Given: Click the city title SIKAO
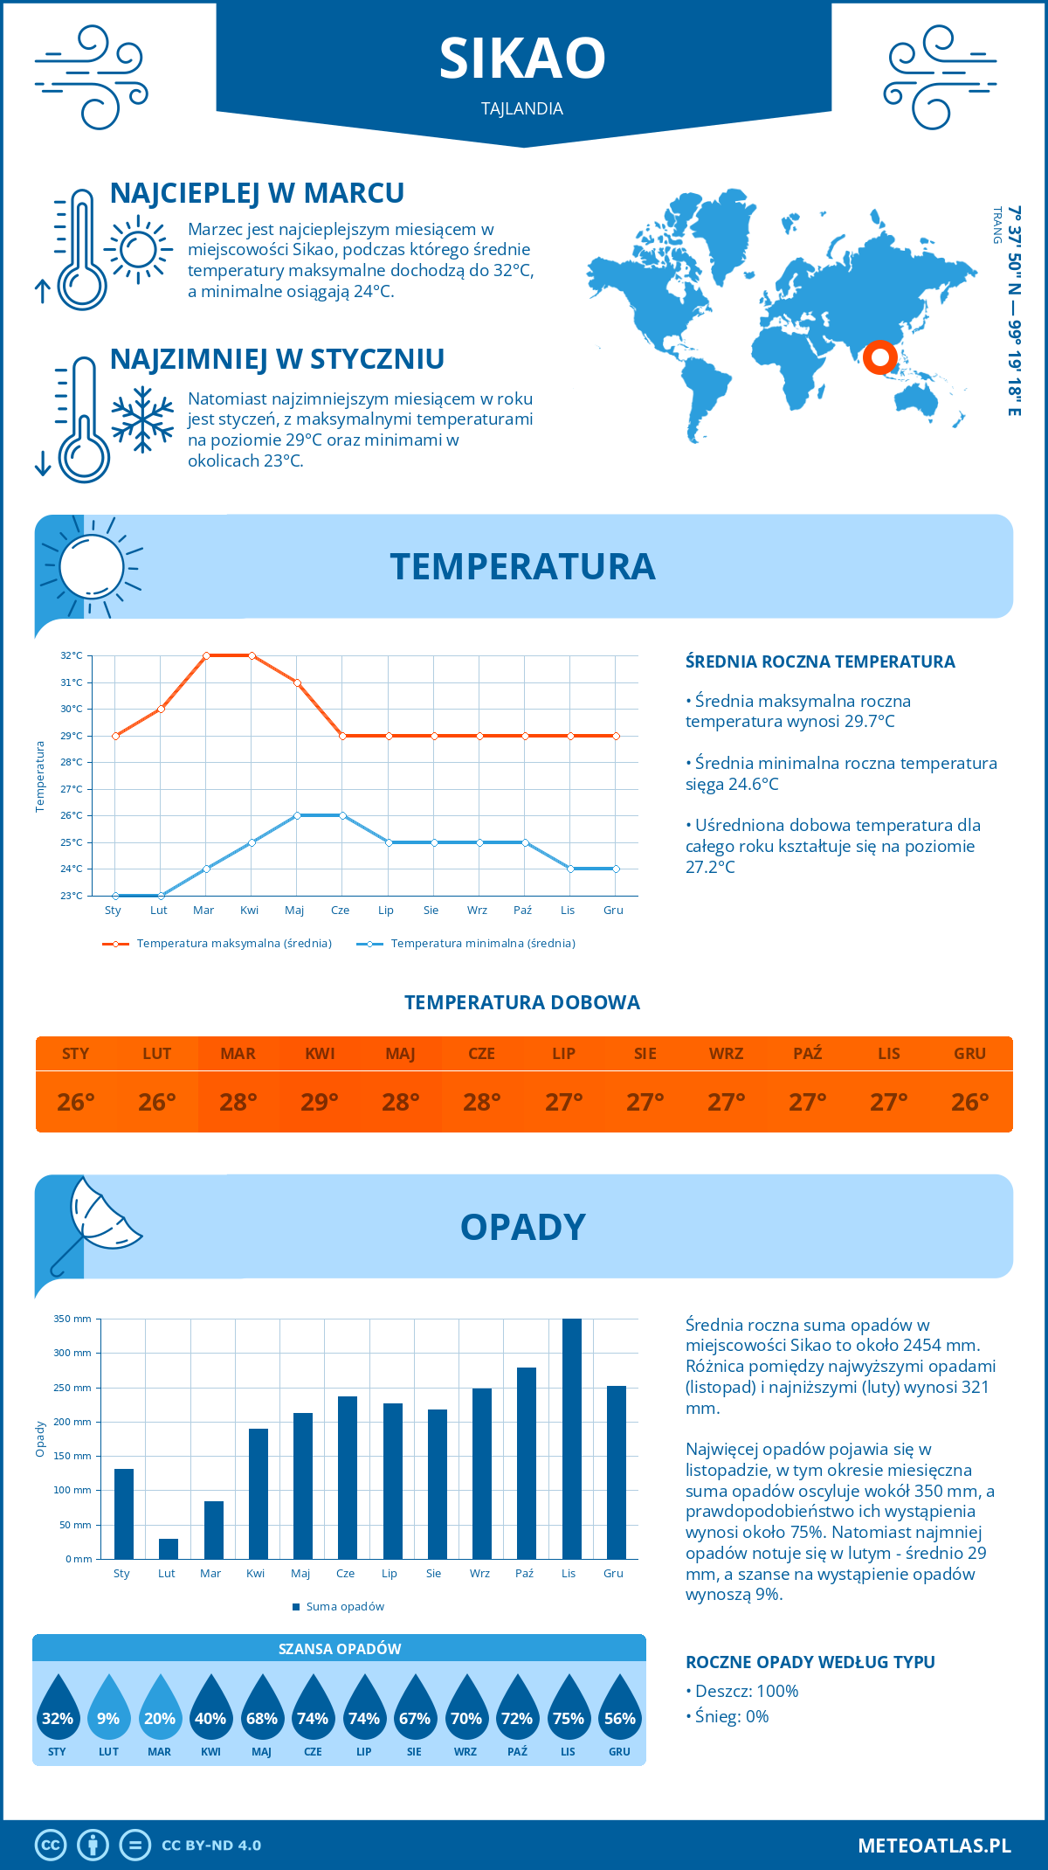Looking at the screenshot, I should [522, 59].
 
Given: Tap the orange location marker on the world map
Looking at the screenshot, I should [879, 357].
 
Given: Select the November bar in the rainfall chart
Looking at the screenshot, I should [572, 1438].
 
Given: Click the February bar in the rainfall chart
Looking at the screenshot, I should [169, 1548].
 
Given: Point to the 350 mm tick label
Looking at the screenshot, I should [72, 1319].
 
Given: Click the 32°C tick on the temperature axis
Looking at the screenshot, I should [72, 655].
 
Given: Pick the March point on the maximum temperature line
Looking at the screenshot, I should [206, 655].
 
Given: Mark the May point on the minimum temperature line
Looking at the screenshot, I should [297, 815].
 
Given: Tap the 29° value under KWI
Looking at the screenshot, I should [320, 1102].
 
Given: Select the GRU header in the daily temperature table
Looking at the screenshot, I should [969, 1053].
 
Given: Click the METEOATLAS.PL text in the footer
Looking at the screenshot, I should [934, 1846].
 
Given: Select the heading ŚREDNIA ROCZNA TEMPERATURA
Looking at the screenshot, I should [820, 661].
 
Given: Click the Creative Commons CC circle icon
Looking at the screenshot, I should [51, 1846].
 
